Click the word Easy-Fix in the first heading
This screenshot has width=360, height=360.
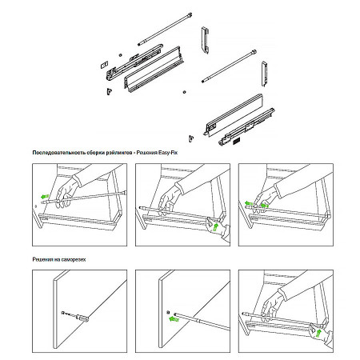click(168, 153)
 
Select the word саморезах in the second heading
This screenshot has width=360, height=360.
click(74, 259)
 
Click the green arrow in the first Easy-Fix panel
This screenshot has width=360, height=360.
click(45, 197)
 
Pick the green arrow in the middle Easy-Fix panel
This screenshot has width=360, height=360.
click(216, 227)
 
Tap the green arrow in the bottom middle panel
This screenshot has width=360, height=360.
click(174, 318)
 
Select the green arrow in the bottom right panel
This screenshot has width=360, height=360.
click(318, 333)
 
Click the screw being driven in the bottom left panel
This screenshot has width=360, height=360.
click(75, 316)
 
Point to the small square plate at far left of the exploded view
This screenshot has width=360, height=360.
click(104, 65)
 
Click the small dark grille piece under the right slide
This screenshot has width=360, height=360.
click(237, 142)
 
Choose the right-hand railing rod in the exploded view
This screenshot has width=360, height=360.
click(229, 66)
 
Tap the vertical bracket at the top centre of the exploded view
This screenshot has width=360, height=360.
click(205, 40)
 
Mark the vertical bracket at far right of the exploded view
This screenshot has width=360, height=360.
click(264, 74)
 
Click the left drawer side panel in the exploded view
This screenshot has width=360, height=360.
click(154, 70)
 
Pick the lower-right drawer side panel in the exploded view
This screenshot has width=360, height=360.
click(234, 115)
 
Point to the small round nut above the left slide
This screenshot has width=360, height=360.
click(120, 55)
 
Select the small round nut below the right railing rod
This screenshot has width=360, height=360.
click(184, 92)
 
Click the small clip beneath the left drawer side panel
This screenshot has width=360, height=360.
click(110, 91)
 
